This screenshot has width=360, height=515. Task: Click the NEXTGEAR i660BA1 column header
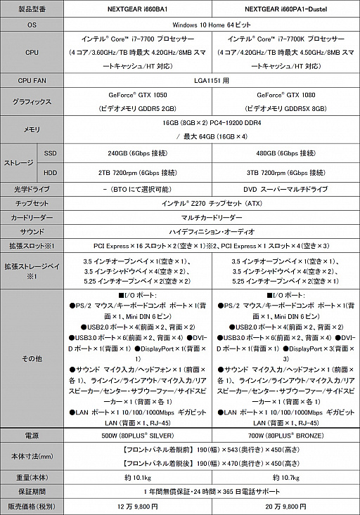coord(138,8)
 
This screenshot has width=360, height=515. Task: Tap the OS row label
coord(31,24)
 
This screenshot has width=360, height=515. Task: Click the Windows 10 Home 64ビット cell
coord(212,24)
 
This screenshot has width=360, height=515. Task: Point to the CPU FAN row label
coord(31,81)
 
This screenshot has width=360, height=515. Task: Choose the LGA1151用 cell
coord(212,81)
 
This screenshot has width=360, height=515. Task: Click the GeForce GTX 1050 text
coord(138,96)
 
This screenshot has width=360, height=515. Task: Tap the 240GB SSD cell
coord(138,153)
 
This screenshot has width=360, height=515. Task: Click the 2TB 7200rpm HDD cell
coord(138,172)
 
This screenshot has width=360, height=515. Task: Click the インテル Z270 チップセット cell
coord(212,203)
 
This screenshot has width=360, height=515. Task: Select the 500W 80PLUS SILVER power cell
coord(138,435)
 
